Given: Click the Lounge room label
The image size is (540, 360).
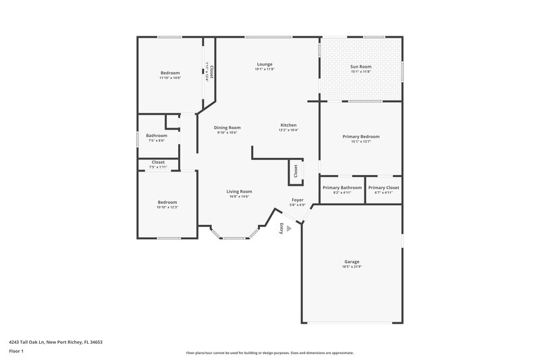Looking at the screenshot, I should [264, 64].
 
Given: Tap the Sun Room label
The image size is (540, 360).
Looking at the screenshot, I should [360, 67].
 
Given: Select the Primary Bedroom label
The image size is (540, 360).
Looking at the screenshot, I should [360, 136].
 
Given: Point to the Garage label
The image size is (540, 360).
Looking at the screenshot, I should [351, 261].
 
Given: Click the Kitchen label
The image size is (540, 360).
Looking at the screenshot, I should [288, 126].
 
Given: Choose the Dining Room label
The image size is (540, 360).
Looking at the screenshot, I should [227, 128].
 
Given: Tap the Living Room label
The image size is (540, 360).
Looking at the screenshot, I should [239, 191].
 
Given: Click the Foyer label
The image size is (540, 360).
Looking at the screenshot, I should [297, 200].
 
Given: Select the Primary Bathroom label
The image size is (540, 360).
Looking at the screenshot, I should [342, 188].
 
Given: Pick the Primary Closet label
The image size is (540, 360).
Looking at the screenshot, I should [383, 188].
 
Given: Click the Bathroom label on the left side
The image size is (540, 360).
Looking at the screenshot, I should [157, 136].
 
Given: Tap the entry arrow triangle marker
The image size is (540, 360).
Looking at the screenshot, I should [289, 229].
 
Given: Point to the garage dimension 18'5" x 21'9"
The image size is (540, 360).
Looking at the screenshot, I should [351, 267].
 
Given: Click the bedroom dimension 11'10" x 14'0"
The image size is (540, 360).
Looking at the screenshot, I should [170, 78].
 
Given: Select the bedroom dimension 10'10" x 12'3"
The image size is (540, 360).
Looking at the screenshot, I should [167, 207].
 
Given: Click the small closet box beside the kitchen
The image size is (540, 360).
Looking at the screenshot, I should [296, 172].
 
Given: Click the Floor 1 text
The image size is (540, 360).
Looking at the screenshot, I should [16, 352].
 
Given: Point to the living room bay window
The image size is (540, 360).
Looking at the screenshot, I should [234, 236].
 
